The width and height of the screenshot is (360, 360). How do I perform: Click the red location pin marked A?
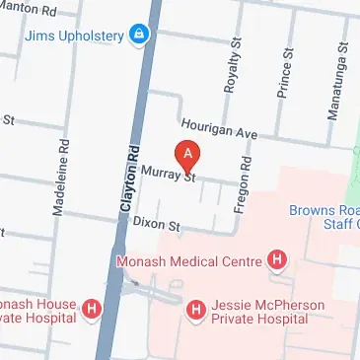tap(187, 155)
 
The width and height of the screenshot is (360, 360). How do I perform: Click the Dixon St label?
tap(158, 226)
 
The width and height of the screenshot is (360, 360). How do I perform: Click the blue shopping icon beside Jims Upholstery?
tap(142, 37)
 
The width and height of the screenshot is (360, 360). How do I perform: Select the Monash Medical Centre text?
tap(188, 261)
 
